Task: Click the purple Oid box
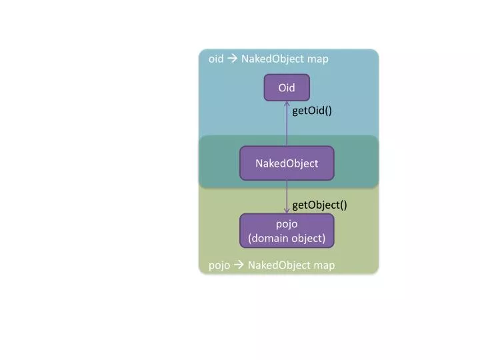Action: tap(287, 87)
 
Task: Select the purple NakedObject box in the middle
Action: tap(287, 163)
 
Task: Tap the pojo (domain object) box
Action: tap(287, 231)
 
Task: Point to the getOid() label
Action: tap(312, 111)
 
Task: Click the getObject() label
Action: tap(319, 205)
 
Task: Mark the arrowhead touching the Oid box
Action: tap(287, 103)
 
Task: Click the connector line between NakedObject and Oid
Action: tap(287, 127)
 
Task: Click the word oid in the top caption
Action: tap(216, 59)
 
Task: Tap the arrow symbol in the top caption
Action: tap(232, 59)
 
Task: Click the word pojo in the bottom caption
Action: tap(219, 265)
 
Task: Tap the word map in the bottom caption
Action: tap(324, 265)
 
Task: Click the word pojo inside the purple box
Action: tap(287, 224)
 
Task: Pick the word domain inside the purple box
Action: tap(270, 238)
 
